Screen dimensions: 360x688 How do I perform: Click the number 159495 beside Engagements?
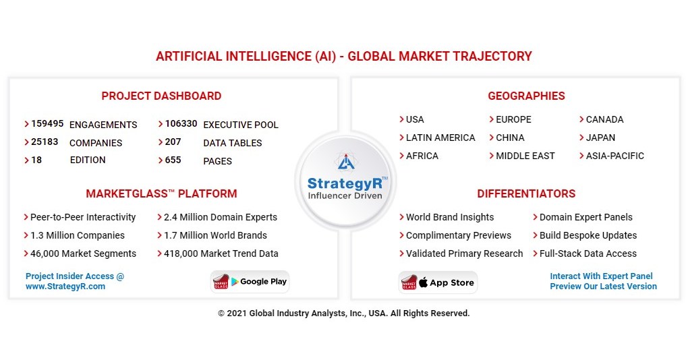tap(47, 124)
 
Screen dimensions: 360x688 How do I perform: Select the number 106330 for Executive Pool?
tap(181, 124)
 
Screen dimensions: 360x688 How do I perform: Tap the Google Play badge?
tap(250, 282)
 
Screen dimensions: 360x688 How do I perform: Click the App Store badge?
tap(438, 282)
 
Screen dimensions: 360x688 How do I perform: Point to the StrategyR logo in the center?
tap(345, 179)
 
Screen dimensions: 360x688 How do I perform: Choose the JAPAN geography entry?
tap(600, 138)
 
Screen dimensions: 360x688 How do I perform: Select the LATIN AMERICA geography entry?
tap(440, 138)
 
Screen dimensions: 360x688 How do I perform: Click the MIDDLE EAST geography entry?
tap(525, 156)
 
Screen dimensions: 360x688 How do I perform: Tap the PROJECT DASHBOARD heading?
tap(161, 96)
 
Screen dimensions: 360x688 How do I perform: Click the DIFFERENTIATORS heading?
tap(526, 193)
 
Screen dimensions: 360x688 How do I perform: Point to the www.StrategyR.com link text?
tap(65, 287)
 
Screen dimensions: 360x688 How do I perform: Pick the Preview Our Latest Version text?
tap(603, 287)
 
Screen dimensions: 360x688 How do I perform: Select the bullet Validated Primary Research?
tap(464, 253)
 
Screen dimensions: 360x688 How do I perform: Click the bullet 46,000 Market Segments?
tap(83, 253)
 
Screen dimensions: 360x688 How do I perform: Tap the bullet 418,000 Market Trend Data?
tap(221, 253)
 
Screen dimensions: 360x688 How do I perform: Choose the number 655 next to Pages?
tap(173, 160)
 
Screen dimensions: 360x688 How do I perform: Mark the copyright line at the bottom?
tap(343, 313)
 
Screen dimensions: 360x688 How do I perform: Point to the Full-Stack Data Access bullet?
tap(587, 253)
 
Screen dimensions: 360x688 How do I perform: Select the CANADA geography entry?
tap(604, 119)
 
